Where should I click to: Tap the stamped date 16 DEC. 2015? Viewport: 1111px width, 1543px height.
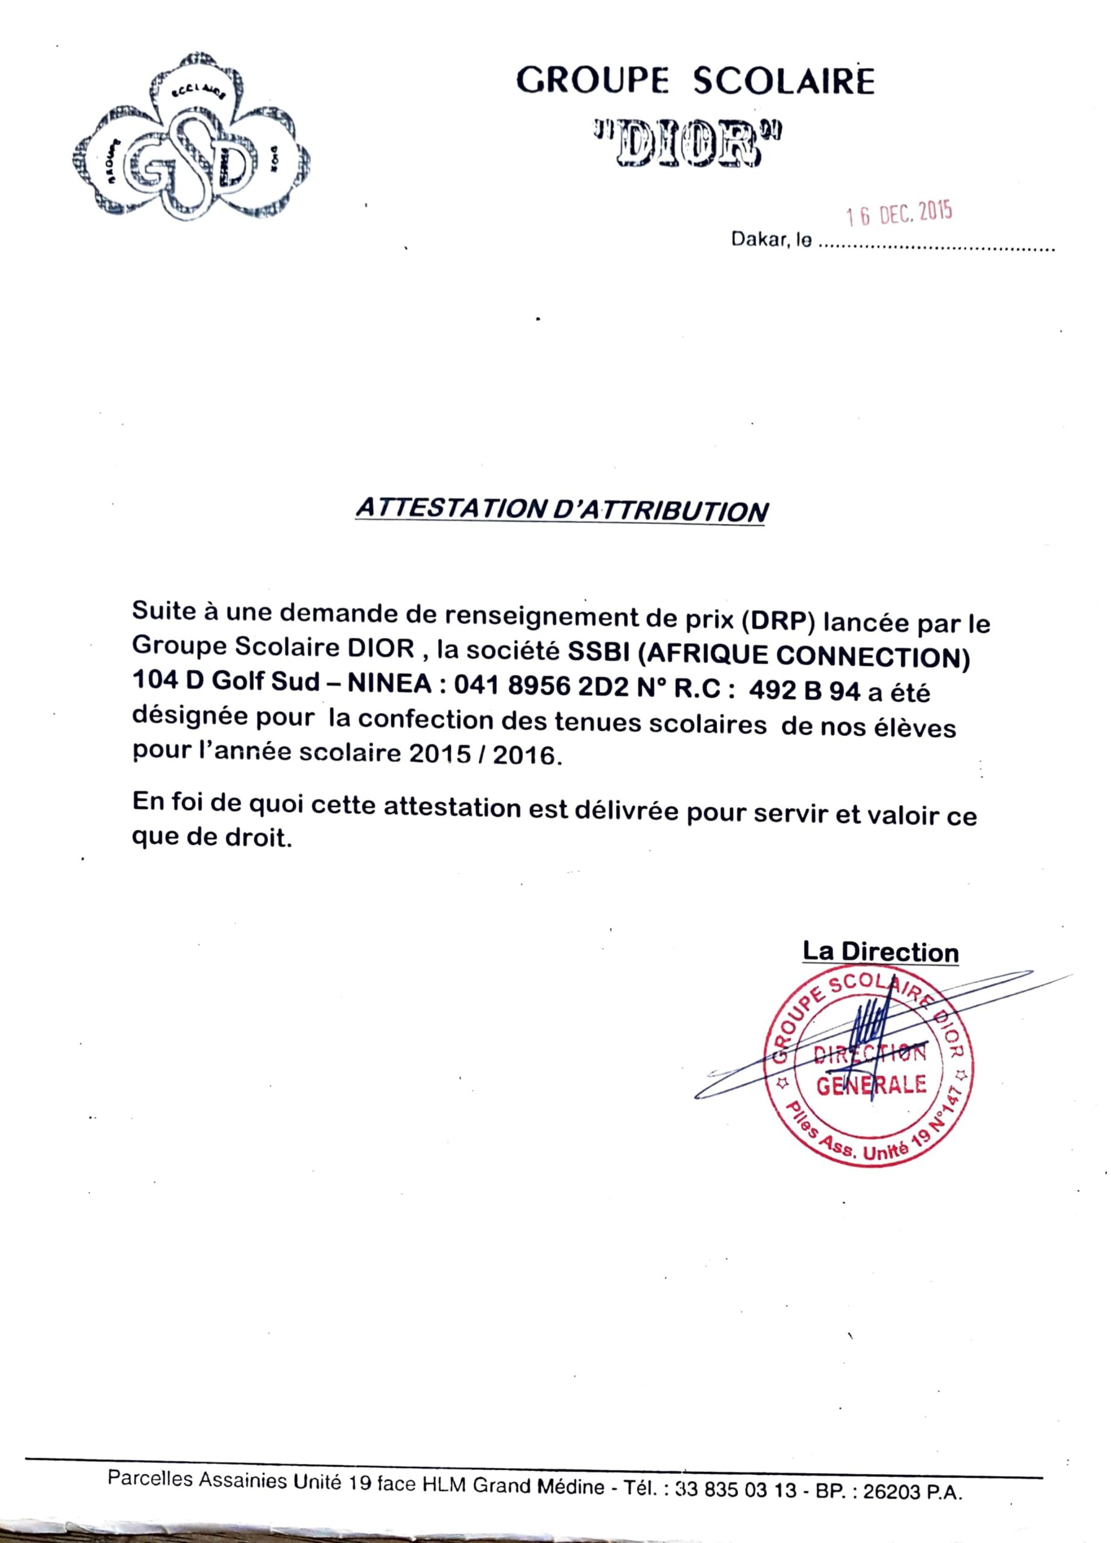click(x=898, y=215)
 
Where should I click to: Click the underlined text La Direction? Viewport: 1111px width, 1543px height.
click(x=880, y=952)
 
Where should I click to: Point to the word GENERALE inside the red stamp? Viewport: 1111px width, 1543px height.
click(x=871, y=1084)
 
